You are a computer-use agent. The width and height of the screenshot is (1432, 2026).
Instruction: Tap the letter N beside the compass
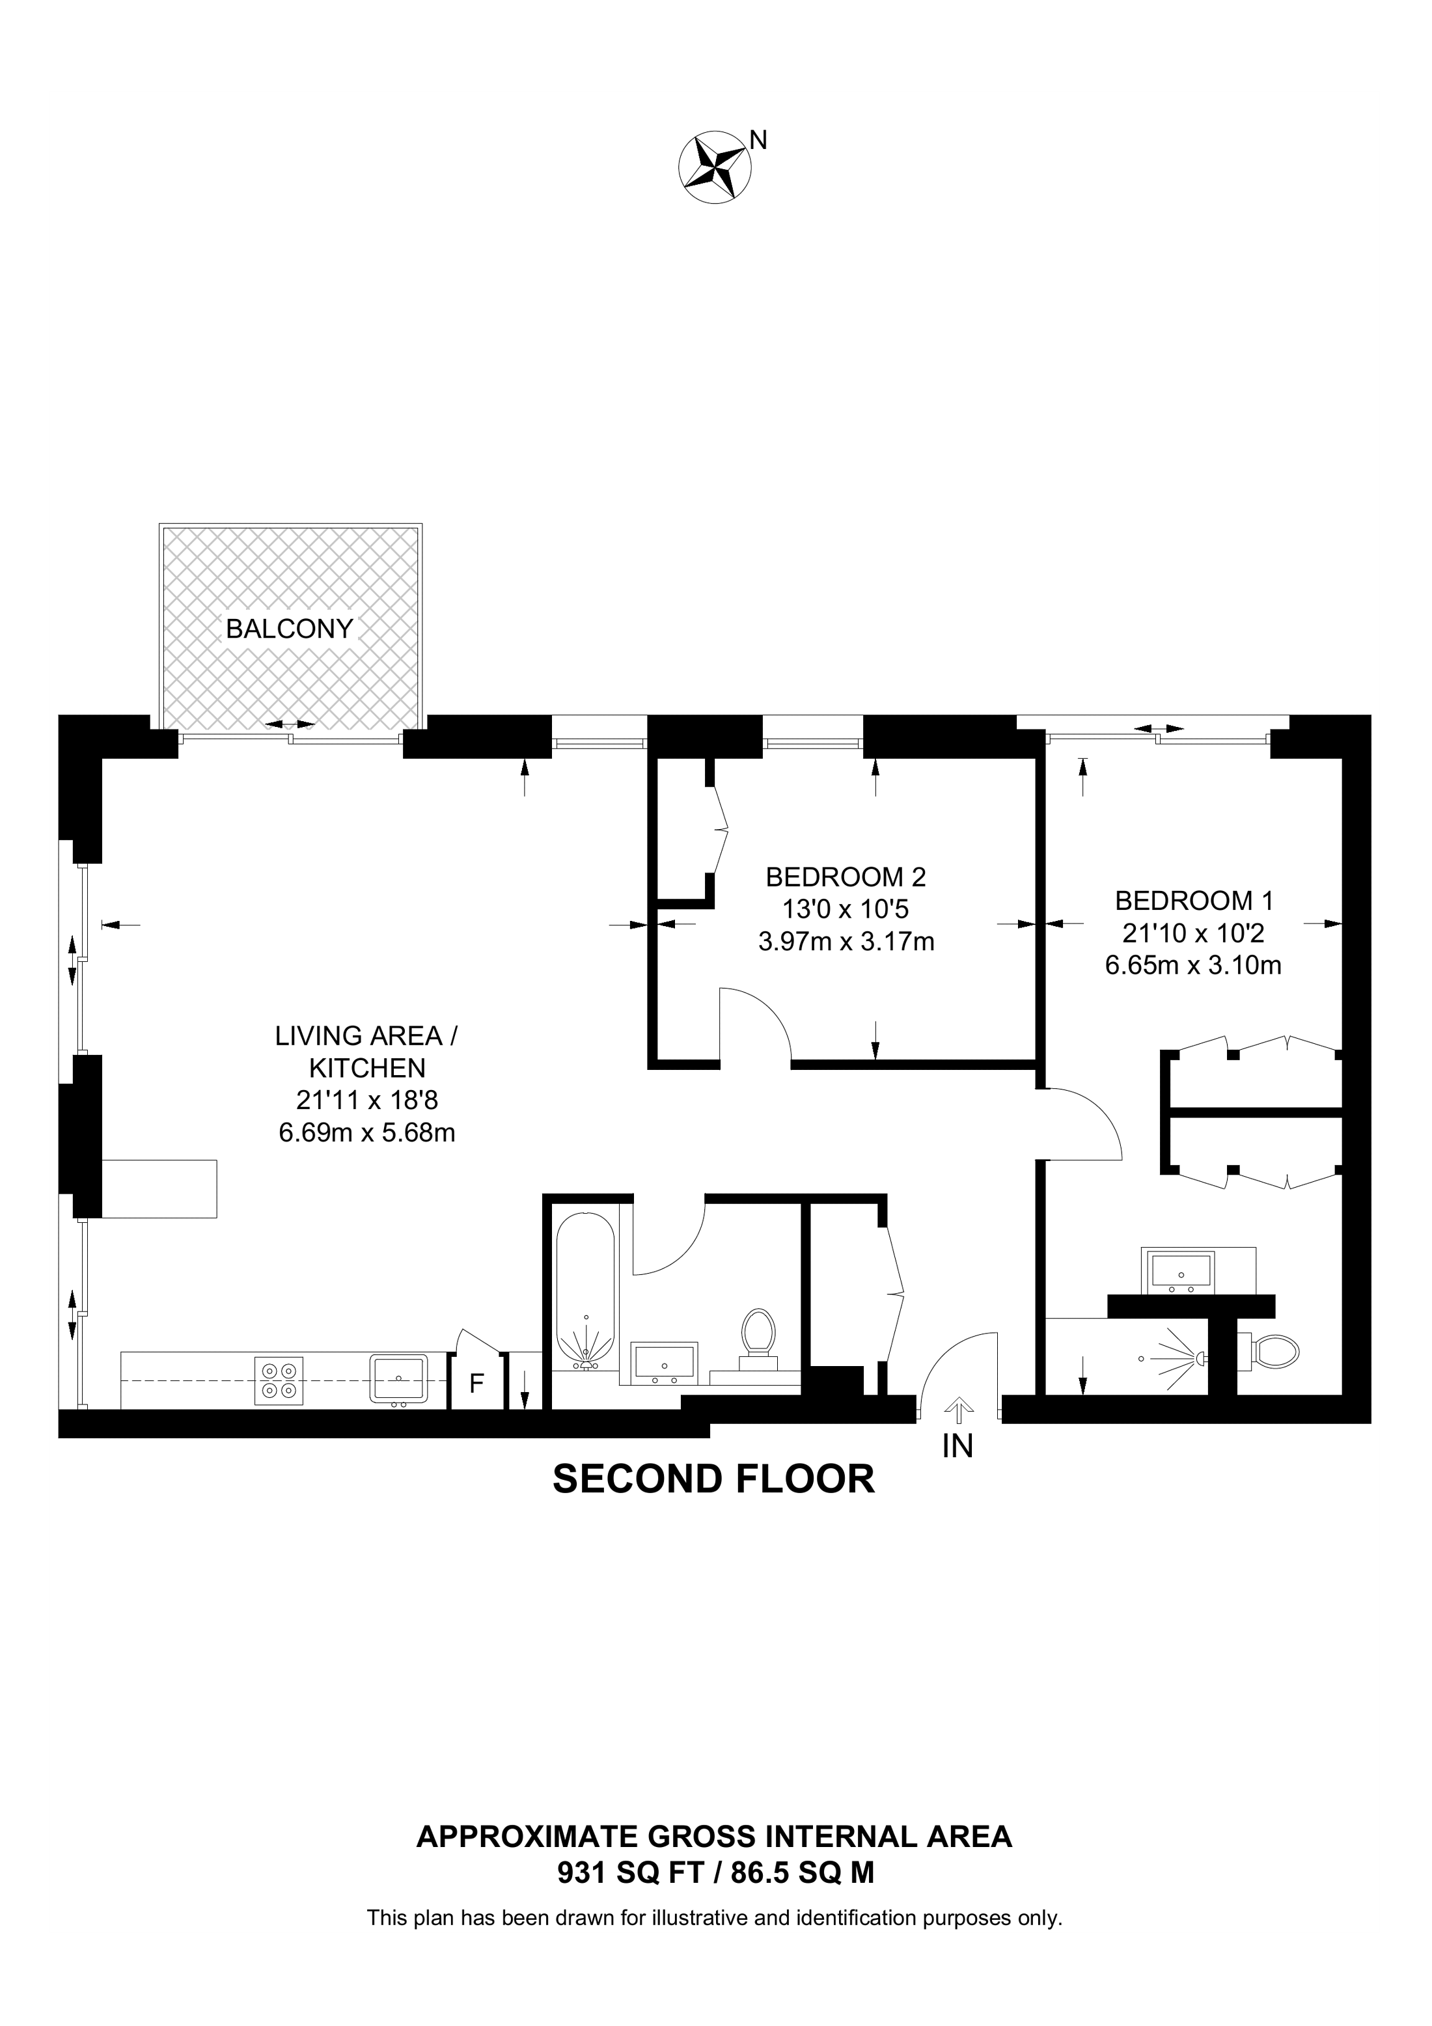point(758,139)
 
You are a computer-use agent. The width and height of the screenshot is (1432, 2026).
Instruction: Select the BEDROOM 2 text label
point(846,877)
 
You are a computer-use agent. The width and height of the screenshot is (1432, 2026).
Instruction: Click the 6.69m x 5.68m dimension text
point(367,1132)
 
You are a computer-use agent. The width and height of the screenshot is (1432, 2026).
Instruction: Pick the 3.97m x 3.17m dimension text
point(846,942)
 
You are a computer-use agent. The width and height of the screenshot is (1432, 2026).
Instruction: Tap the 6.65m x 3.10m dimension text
point(1193,965)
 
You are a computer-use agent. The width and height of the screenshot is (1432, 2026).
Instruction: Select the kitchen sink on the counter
point(399,1378)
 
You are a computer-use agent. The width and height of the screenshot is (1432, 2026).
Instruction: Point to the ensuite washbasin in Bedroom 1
point(1181,1270)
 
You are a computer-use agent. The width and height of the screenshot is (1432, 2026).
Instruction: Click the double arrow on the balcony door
point(291,724)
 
